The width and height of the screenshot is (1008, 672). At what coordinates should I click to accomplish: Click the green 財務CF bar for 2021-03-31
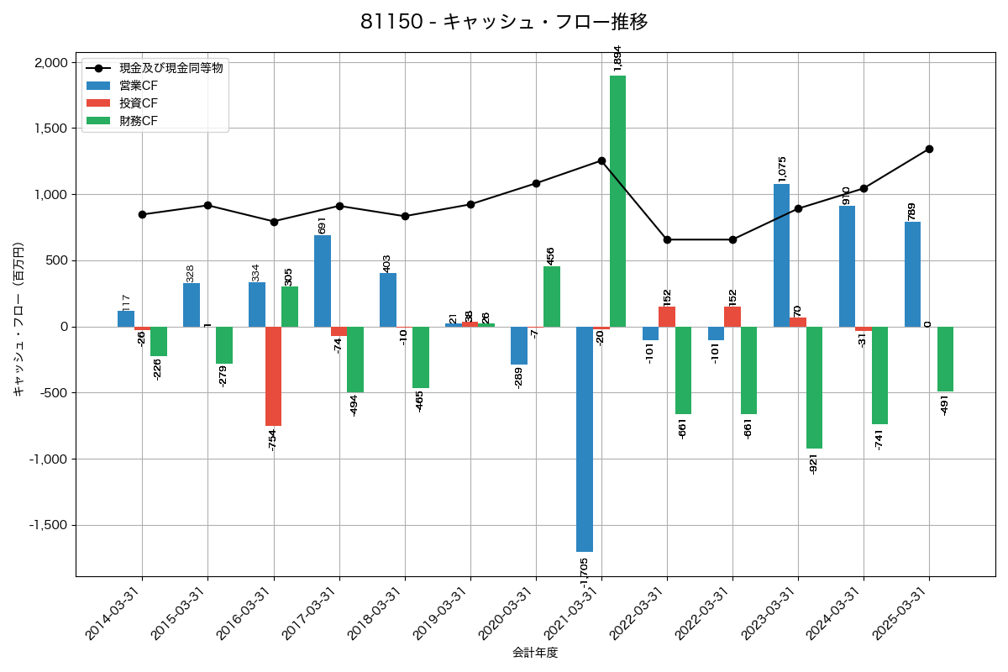tap(617, 202)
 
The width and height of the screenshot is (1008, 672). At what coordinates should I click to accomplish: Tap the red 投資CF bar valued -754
tap(273, 376)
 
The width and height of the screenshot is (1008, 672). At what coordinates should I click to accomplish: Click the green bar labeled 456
tap(552, 297)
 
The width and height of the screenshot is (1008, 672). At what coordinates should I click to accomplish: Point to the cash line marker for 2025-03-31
tap(929, 150)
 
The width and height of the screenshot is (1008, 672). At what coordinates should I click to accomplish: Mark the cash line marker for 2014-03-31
tap(142, 214)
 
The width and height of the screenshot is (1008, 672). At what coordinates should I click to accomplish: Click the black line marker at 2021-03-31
tap(601, 160)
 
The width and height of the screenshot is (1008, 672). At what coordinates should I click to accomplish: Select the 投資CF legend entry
tap(138, 103)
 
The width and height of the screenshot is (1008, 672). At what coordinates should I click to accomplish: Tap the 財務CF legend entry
tap(138, 121)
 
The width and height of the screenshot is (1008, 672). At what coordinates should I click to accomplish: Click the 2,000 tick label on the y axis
tap(50, 63)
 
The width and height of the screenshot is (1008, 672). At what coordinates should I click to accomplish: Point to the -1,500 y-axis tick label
tap(47, 525)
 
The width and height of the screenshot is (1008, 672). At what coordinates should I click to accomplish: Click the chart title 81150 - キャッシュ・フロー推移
tap(504, 22)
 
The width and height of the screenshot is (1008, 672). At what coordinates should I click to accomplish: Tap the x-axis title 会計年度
tap(535, 653)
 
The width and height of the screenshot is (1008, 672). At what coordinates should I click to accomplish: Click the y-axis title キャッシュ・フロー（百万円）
tap(18, 319)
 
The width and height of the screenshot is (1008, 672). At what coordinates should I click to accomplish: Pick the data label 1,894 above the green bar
tap(618, 59)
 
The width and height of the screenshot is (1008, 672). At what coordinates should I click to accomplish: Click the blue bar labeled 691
tap(323, 281)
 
